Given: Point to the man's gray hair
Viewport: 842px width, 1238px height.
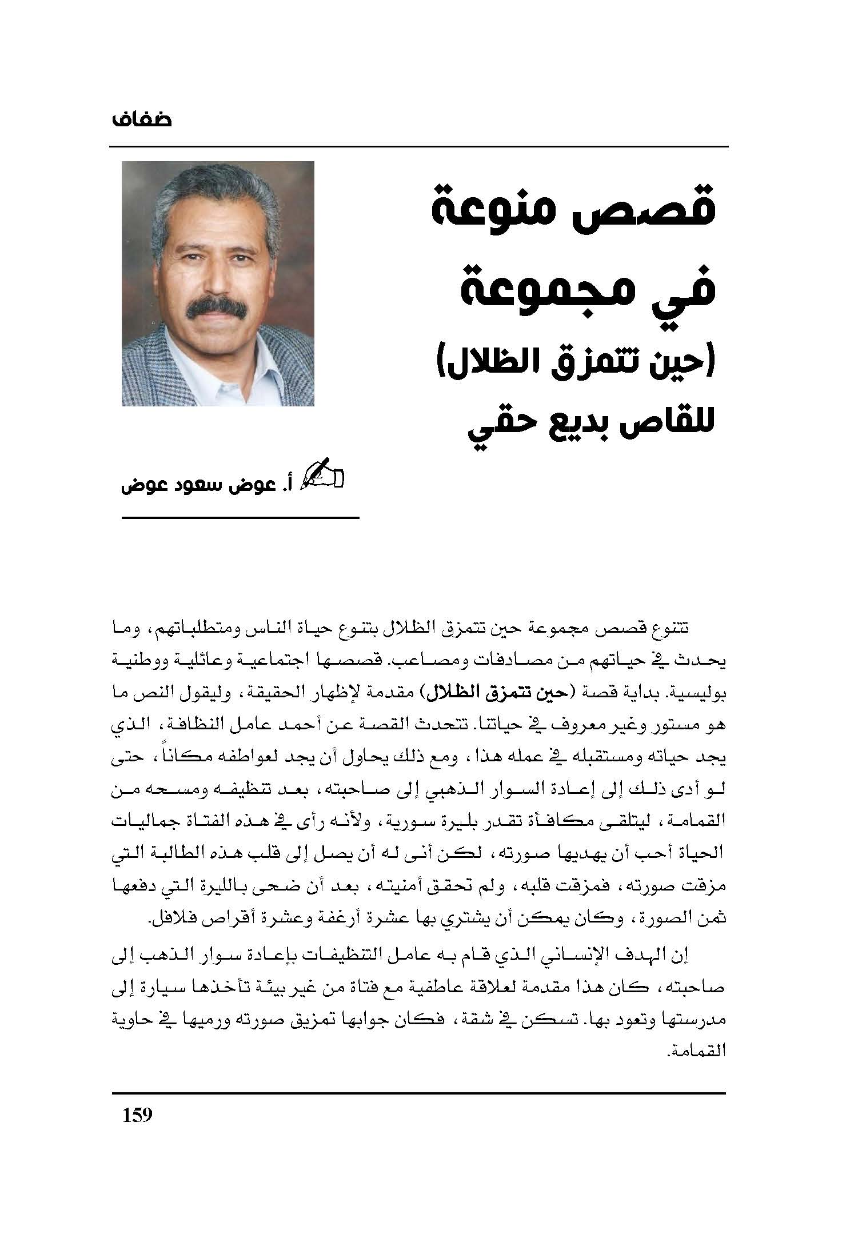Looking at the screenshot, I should [217, 194].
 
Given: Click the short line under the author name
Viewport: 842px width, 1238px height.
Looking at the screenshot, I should [240, 518].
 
